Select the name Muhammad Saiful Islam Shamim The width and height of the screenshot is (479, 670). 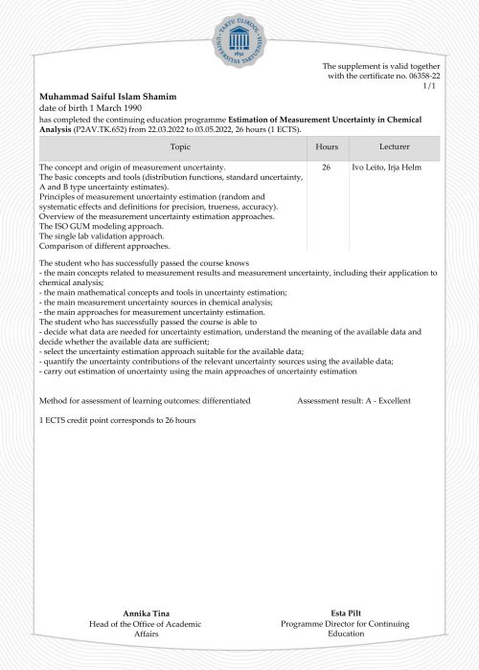(107, 97)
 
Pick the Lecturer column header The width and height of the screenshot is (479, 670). (395, 148)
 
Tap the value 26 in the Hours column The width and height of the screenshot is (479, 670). (327, 167)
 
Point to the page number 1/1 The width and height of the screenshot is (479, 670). (428, 86)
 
